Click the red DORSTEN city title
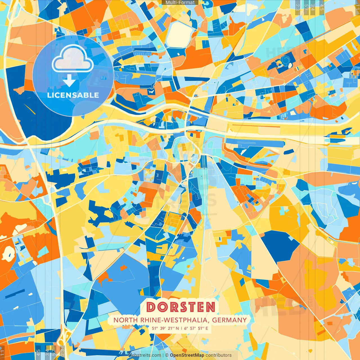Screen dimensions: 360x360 click(x=181, y=307)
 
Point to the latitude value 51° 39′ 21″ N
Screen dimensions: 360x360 click(x=165, y=328)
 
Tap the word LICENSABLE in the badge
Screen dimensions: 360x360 click(x=73, y=95)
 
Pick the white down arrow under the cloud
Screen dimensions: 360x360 click(x=69, y=81)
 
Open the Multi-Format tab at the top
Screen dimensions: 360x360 click(x=180, y=3)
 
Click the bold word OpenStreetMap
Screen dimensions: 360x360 click(x=187, y=355)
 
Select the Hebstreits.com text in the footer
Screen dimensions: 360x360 click(x=145, y=355)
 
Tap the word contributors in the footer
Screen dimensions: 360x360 click(x=219, y=355)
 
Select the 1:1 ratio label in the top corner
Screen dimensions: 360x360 click(x=357, y=6)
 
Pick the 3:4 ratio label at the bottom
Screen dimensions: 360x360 click(x=47, y=353)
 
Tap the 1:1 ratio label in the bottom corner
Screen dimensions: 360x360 click(x=2, y=353)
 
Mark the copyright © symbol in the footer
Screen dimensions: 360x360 click(x=167, y=355)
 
